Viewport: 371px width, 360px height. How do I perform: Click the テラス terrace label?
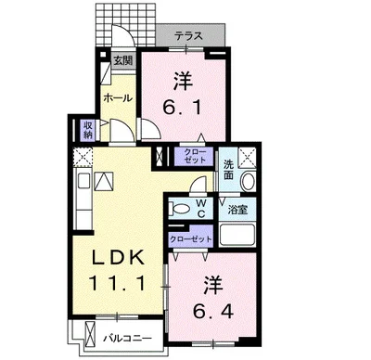pos(191,37)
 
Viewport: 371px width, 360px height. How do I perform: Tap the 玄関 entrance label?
pos(122,62)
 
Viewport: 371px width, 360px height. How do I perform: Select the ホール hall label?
pos(115,96)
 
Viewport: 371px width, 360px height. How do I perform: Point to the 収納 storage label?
pos(88,129)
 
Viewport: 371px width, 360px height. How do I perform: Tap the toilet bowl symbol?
pos(182,211)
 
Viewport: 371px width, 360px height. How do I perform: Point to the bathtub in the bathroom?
pos(239,233)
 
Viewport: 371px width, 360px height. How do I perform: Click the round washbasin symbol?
pos(249,179)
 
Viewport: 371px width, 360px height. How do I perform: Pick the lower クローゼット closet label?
pos(190,238)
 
